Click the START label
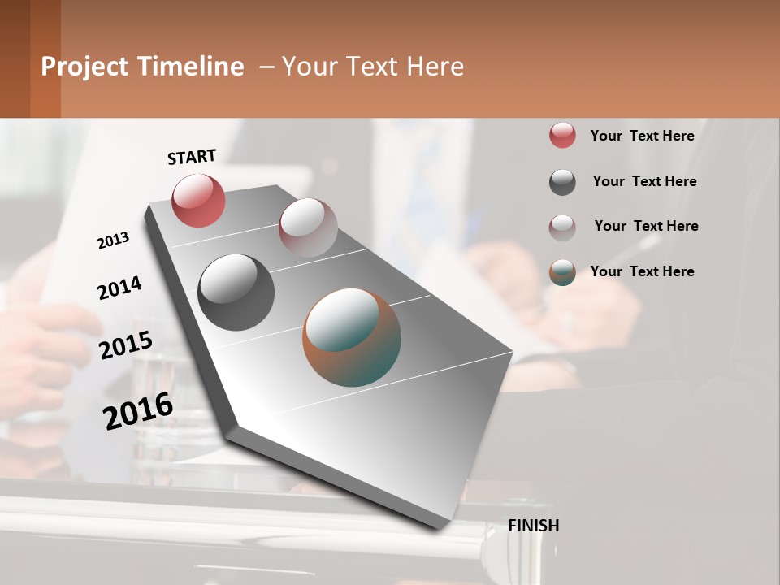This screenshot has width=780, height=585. coord(192,157)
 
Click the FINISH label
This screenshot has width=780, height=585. coord(533,526)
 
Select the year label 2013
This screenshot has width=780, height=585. coord(113,240)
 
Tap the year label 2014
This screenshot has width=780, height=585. coord(119,288)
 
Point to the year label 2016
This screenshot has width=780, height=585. coord(138,411)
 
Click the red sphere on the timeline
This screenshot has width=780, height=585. coord(198,200)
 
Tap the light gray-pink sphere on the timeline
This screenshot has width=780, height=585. coord(308,227)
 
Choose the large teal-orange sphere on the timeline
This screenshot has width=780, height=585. coord(352,337)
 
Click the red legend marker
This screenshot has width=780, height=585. coord(562,136)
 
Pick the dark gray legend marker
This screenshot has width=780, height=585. coord(562,182)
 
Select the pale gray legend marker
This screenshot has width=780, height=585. coord(562,227)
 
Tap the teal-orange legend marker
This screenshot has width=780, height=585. coord(562,272)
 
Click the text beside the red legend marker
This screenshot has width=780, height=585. coord(642,136)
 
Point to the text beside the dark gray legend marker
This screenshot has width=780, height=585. coord(644,181)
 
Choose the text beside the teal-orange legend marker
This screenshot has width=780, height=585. coord(642,271)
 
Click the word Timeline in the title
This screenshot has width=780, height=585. coord(190,67)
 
